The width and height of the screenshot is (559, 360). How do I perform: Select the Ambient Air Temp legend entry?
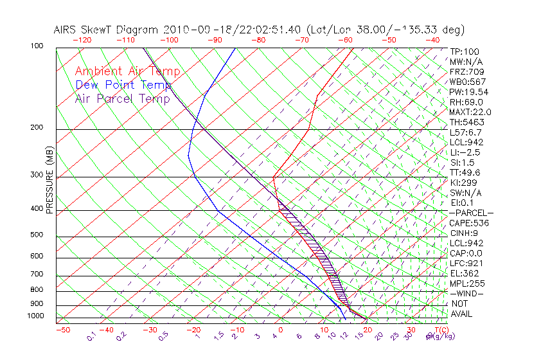(128, 71)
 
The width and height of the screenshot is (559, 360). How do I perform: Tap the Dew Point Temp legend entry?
(123, 85)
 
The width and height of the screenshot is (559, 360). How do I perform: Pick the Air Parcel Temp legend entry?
(123, 98)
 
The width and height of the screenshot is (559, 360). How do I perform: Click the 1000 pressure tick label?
(36, 316)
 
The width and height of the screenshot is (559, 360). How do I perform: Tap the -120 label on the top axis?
(82, 40)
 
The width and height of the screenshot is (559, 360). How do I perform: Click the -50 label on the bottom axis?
(62, 330)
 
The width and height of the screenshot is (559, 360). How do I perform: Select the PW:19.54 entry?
(469, 92)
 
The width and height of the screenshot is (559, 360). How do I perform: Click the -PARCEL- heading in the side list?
(471, 213)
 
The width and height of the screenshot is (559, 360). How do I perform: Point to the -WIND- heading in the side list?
(466, 293)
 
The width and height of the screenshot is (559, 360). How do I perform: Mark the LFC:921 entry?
(466, 264)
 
